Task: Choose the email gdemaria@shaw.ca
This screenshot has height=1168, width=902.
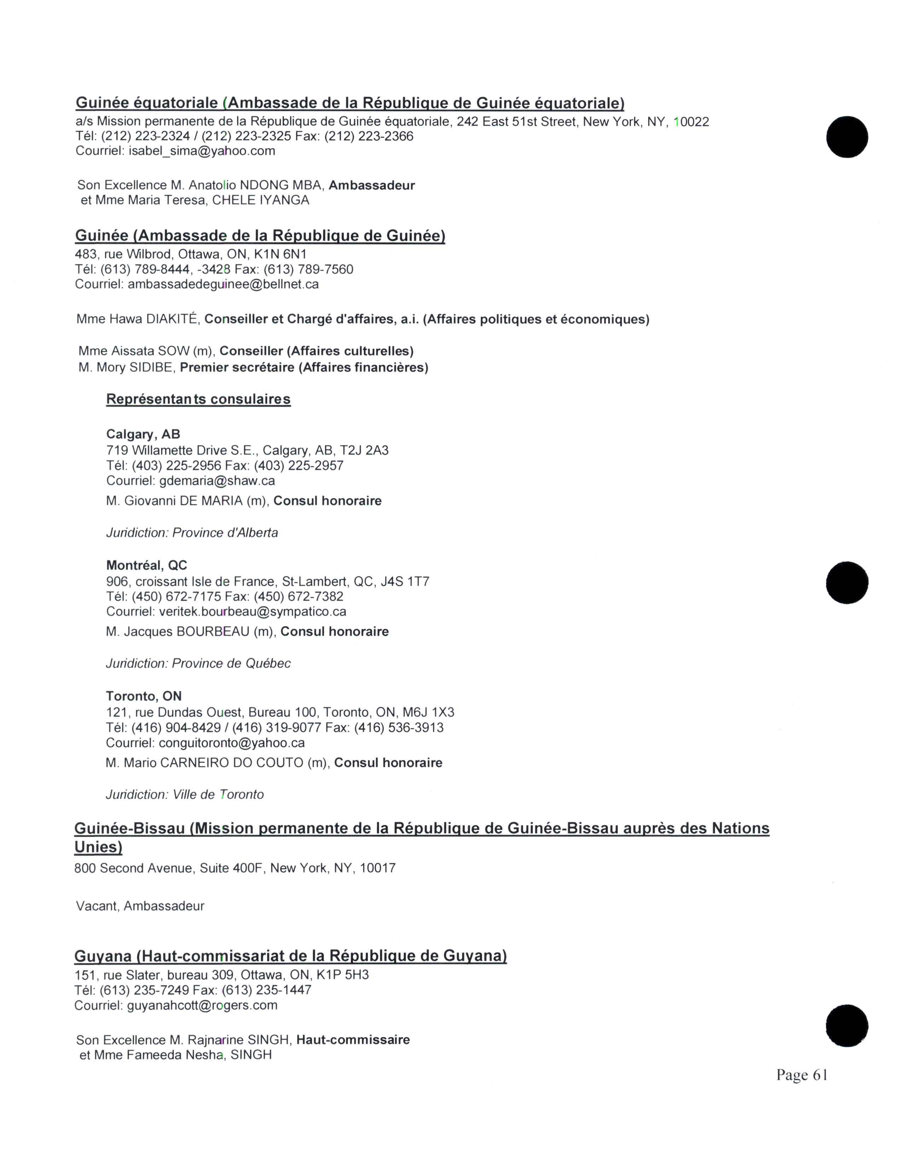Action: [217, 481]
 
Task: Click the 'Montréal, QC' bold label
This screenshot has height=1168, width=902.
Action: [146, 565]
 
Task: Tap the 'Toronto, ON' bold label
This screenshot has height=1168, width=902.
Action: [144, 696]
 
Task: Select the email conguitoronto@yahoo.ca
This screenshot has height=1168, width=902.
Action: [232, 743]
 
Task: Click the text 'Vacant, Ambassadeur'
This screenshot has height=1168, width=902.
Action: [140, 906]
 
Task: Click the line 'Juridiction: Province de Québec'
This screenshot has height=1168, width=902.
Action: [198, 663]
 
